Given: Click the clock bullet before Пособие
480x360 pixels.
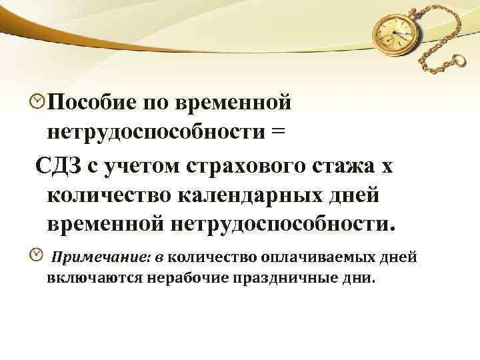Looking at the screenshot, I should (39, 101).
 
